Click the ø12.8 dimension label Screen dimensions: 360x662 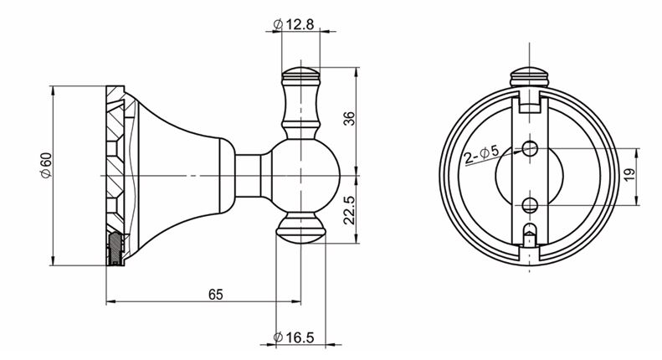294,25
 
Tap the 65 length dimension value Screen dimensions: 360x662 215,294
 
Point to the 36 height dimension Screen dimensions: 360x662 351,118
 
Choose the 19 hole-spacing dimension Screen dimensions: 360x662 629,176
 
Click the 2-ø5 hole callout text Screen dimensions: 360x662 481,154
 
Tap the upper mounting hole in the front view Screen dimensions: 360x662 529,149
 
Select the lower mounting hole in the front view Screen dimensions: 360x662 529,203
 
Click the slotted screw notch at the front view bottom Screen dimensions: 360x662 529,234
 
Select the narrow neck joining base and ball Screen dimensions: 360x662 251,176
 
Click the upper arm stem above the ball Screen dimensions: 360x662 301,113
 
